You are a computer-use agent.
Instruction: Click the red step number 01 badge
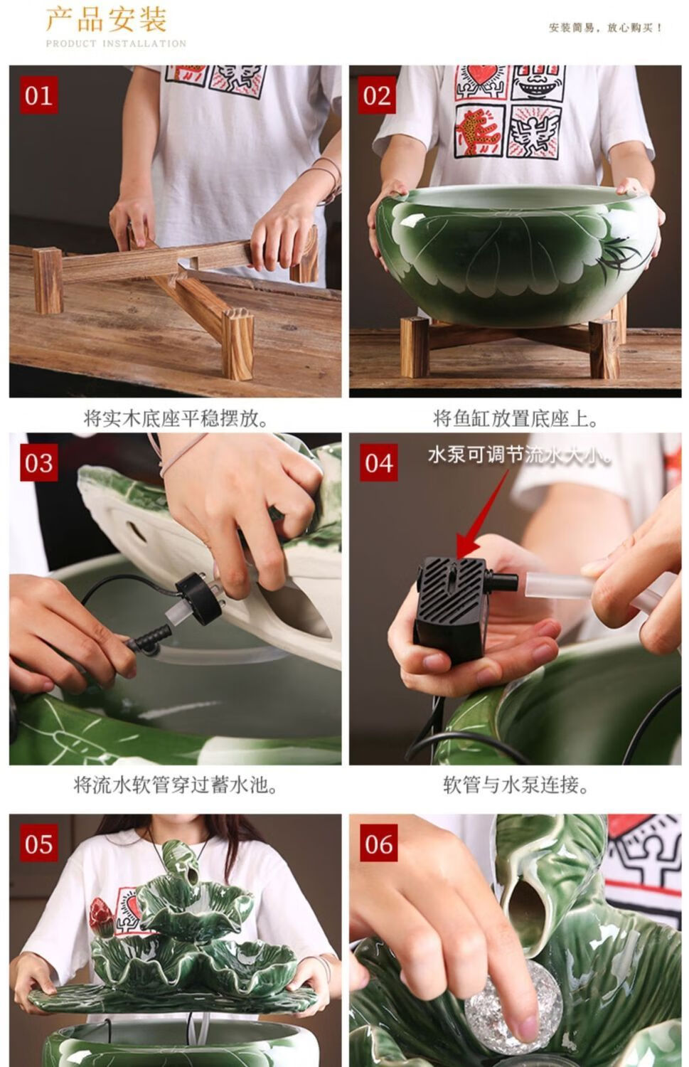click(38, 95)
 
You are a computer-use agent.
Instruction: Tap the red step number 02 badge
click(377, 95)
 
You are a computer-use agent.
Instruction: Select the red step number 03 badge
click(38, 462)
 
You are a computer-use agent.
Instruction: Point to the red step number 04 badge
click(378, 462)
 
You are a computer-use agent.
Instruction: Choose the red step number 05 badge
click(38, 844)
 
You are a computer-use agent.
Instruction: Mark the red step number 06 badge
click(378, 844)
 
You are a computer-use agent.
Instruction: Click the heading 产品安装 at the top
click(107, 19)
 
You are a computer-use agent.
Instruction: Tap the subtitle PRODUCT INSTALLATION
click(116, 44)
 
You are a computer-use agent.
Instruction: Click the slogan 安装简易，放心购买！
click(605, 28)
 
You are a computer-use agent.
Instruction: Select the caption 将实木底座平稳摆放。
click(176, 419)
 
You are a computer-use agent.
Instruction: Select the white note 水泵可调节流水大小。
click(519, 455)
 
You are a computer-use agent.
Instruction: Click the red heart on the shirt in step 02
click(482, 76)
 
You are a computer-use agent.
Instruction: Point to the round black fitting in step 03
click(200, 598)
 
